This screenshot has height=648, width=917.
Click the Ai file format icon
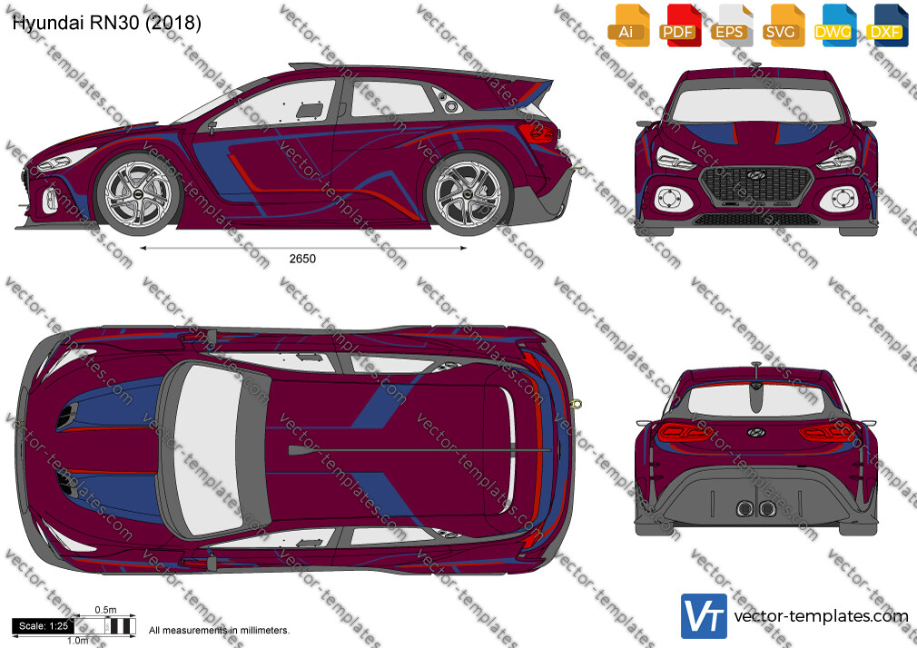(628, 25)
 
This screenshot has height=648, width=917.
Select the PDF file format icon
(681, 25)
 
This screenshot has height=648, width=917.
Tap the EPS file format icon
(732, 25)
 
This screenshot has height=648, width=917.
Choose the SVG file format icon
(784, 25)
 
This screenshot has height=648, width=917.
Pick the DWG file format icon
(835, 25)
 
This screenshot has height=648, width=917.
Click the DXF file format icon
(887, 25)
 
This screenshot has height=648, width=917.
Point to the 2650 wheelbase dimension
(302, 259)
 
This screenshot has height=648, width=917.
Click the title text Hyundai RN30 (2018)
(106, 23)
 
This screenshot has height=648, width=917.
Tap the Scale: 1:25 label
(44, 626)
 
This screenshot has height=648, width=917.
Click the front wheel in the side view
(139, 192)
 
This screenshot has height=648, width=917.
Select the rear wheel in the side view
(468, 193)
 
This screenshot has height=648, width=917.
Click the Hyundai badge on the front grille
(755, 175)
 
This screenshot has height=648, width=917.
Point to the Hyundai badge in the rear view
(755, 432)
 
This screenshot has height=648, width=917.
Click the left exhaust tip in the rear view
(744, 508)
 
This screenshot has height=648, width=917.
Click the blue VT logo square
(705, 616)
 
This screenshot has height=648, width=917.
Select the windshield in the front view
(755, 105)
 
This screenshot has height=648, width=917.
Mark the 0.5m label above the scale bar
(106, 610)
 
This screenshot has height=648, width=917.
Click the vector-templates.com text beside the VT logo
(821, 616)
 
